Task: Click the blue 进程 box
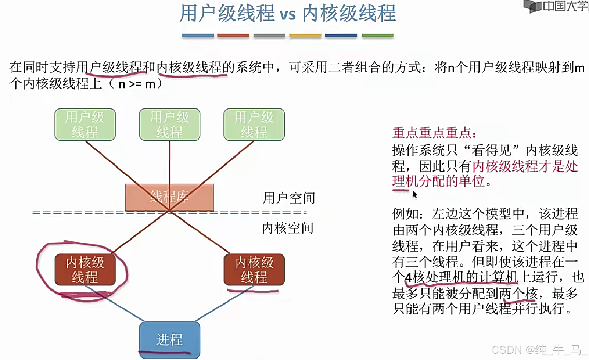point(169,339)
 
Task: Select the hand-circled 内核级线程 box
point(85,269)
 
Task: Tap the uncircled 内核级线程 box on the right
point(254,269)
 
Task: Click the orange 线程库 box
point(169,197)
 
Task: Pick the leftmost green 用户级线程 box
point(85,125)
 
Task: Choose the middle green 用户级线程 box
point(169,125)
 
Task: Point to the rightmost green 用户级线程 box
point(254,125)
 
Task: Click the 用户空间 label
point(289,198)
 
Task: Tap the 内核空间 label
point(288,228)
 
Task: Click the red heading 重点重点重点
point(434,133)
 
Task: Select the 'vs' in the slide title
point(287,14)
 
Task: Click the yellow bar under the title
point(305,36)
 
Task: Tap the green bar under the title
point(377,36)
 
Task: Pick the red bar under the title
point(233,36)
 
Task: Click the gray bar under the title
point(269,36)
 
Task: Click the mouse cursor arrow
point(414,194)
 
